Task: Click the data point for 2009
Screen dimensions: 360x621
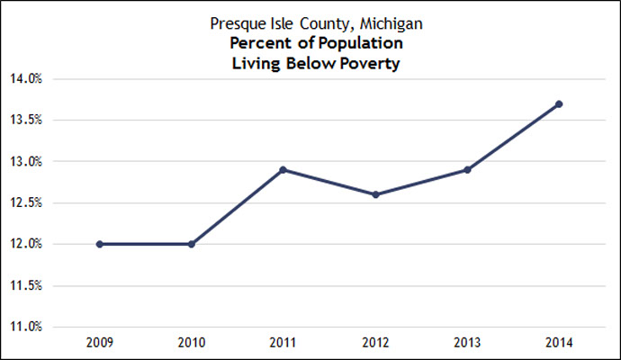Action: coord(99,244)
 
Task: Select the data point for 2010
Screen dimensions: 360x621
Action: coord(191,244)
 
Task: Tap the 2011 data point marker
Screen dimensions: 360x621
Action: coord(283,169)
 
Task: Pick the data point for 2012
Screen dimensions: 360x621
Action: coord(375,194)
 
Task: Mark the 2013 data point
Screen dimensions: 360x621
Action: coord(467,169)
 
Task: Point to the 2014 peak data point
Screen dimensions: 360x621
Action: coord(559,103)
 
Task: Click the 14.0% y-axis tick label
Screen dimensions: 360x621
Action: coord(26,79)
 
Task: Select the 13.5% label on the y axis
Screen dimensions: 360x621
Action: coord(26,121)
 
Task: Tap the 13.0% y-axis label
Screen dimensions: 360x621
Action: coord(26,162)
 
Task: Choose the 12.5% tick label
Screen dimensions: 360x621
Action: coord(26,202)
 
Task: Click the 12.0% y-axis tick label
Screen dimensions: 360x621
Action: coord(26,244)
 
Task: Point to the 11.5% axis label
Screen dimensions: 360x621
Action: coord(26,285)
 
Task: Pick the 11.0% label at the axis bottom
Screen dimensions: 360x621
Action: coord(26,327)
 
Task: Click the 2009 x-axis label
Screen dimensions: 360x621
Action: coord(99,344)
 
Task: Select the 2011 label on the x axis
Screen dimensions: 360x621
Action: coord(283,344)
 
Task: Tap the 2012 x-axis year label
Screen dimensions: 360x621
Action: coord(375,344)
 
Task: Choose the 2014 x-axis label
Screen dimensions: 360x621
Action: coord(559,344)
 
